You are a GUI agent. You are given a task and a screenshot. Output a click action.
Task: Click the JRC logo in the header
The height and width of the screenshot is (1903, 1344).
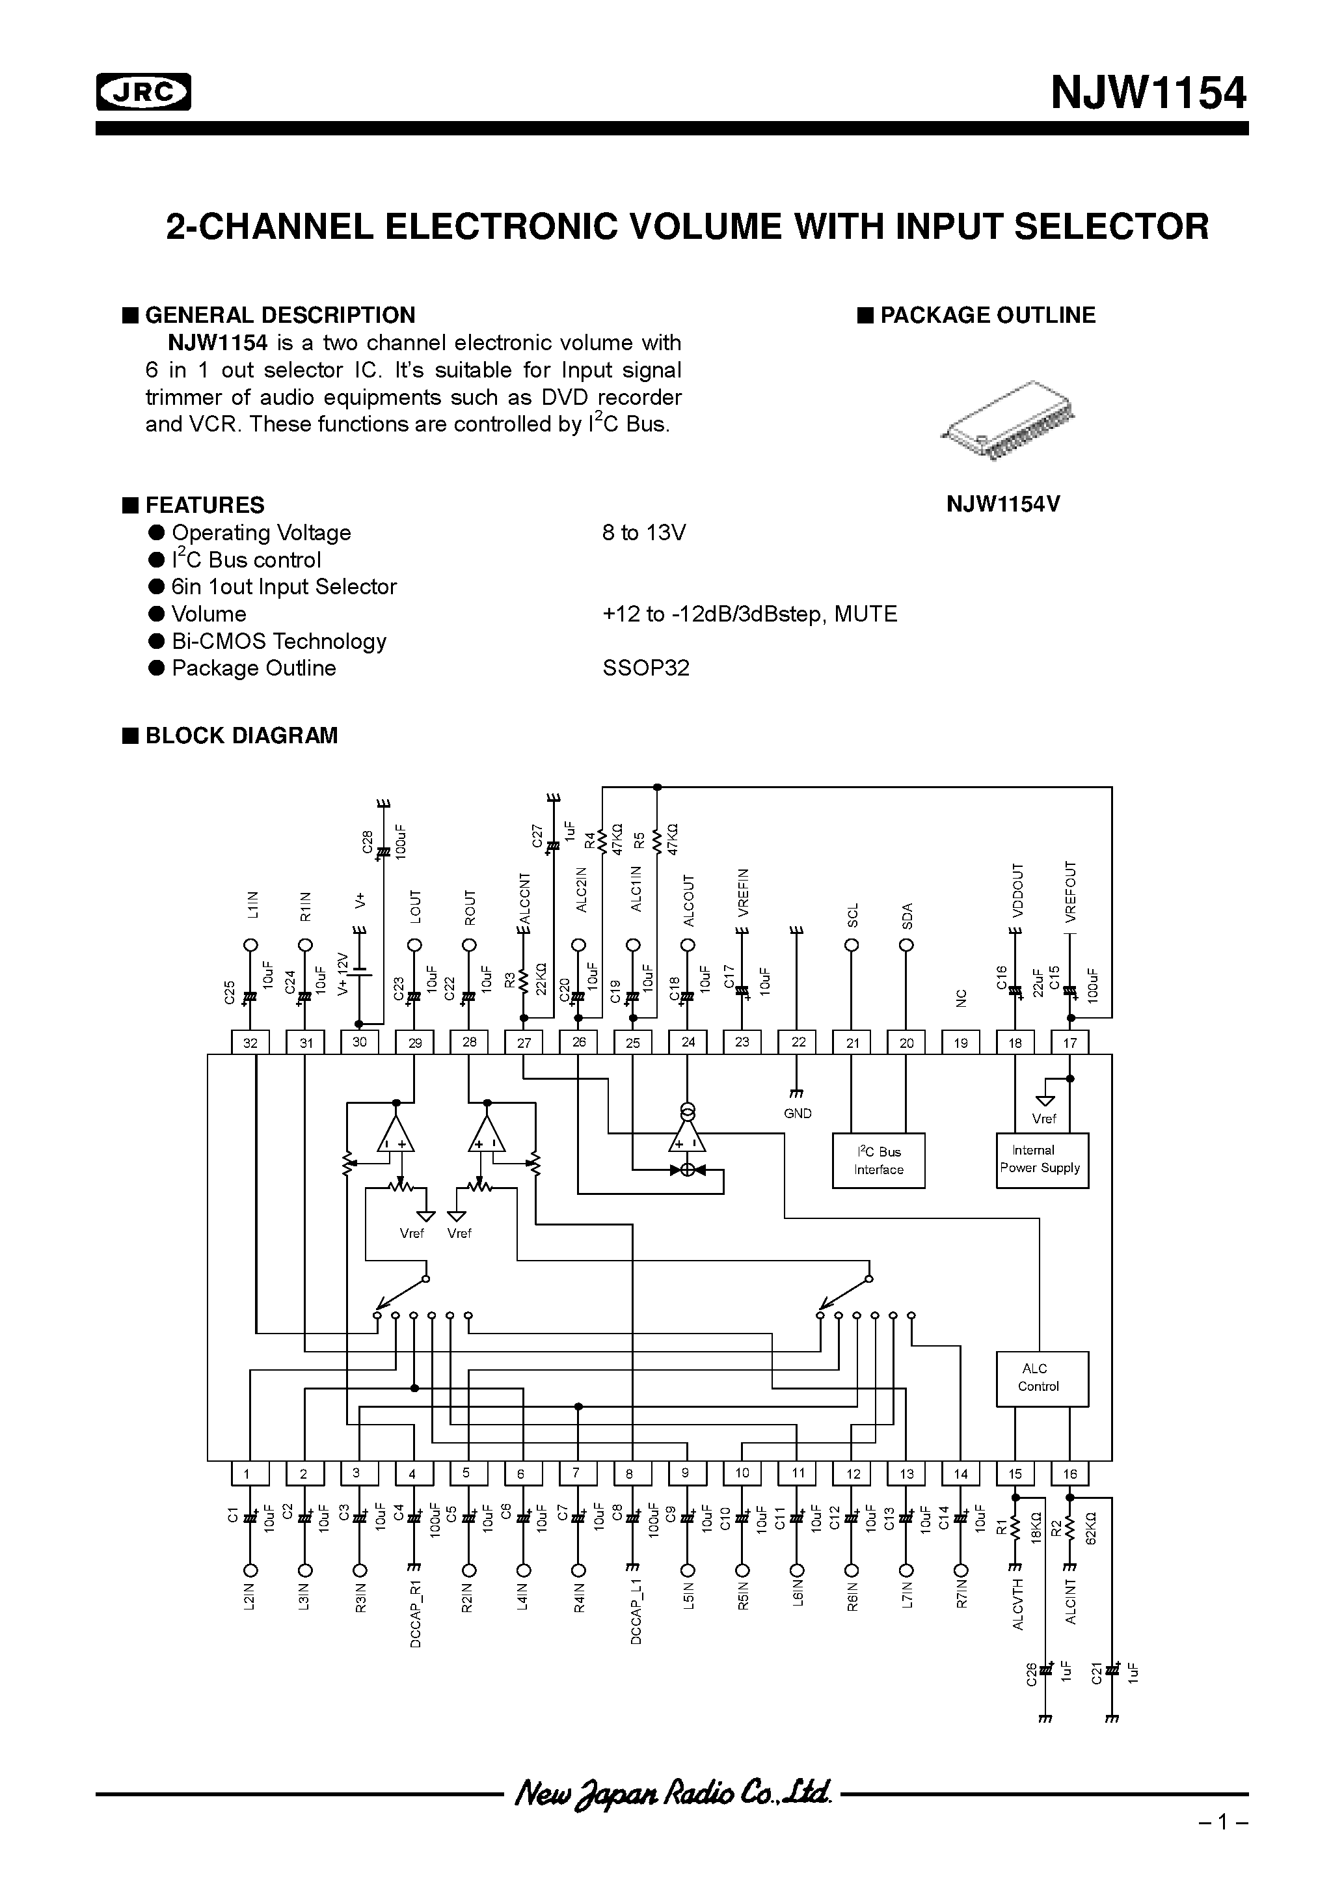click(143, 92)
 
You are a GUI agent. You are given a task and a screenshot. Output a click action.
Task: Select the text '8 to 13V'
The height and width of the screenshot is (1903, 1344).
click(644, 533)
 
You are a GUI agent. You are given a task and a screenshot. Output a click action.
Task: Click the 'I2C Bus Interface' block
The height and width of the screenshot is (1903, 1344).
click(878, 1160)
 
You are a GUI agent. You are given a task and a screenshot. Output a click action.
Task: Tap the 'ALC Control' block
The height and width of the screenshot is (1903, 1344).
click(1041, 1378)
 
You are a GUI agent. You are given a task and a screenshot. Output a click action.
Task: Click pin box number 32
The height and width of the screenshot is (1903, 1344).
click(250, 1043)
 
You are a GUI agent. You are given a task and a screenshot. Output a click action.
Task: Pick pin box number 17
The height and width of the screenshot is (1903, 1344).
click(1069, 1043)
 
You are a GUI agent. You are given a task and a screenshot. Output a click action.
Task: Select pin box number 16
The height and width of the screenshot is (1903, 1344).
click(1069, 1473)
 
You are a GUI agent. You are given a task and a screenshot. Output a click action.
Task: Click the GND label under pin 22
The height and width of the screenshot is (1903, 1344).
click(797, 1113)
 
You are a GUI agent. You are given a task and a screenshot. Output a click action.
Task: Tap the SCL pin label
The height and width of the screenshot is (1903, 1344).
click(853, 915)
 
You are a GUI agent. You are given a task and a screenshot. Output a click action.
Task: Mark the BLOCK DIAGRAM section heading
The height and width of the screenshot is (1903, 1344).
click(241, 736)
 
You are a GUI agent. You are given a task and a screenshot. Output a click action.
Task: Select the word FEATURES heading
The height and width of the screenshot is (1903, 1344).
click(205, 506)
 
